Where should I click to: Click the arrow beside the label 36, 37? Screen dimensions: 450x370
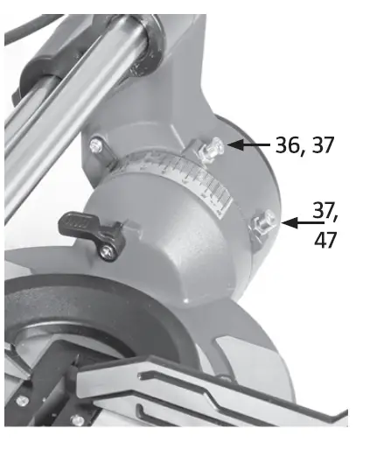(248, 144)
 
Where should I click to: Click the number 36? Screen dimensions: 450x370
(287, 145)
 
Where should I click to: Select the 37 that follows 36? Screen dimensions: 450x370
(322, 145)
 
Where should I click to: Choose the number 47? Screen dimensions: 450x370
(326, 240)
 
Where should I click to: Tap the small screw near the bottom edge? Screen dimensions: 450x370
(77, 420)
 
